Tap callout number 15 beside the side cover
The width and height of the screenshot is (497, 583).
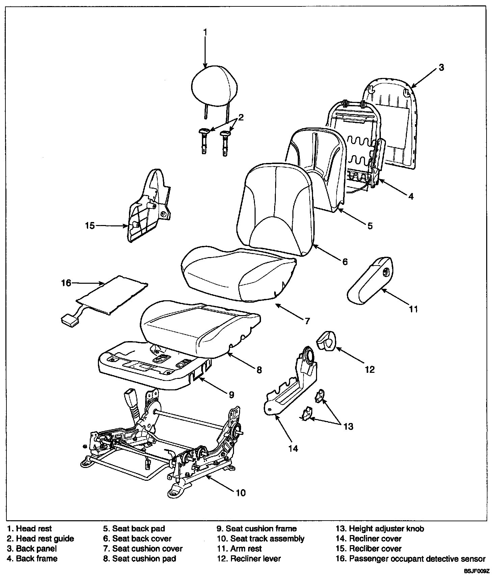coord(90,225)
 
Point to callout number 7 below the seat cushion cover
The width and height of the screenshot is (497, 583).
coord(307,321)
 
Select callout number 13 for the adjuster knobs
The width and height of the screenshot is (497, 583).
coord(348,426)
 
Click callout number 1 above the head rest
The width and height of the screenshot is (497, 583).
coord(205,32)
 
